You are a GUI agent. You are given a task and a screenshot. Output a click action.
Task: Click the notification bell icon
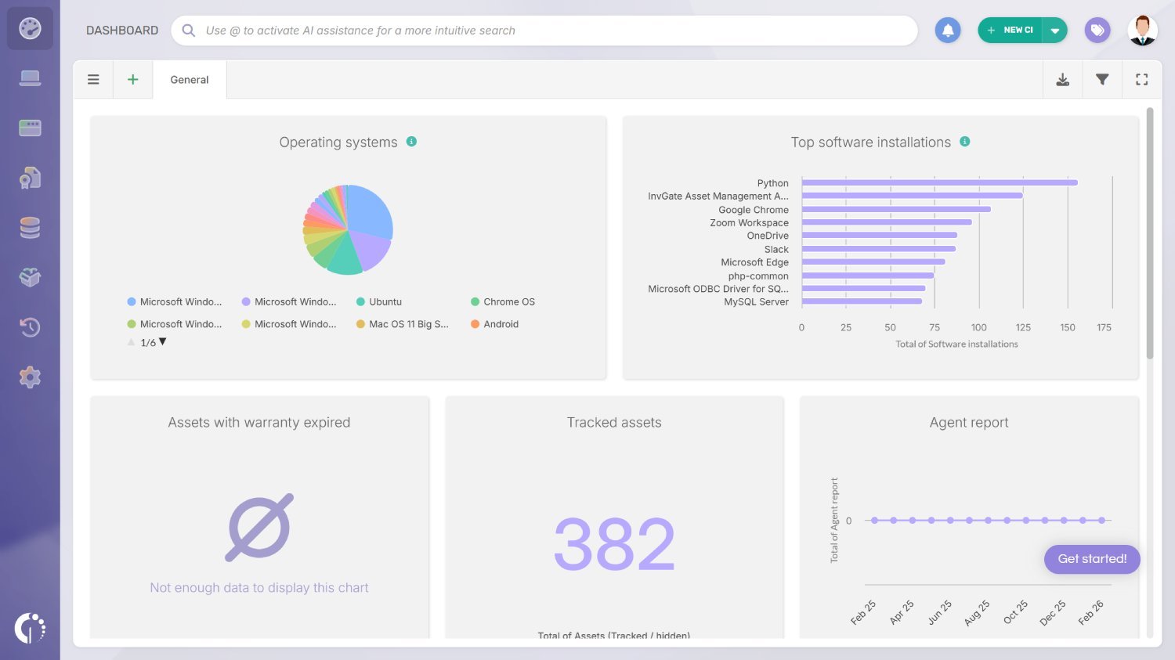tap(948, 31)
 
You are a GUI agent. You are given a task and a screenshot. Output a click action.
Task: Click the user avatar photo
tap(1142, 31)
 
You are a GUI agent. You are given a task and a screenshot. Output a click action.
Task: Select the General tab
tap(190, 80)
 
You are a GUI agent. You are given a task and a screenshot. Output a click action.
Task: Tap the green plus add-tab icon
tap(133, 80)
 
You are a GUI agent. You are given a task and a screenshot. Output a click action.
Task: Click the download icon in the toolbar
tap(1063, 80)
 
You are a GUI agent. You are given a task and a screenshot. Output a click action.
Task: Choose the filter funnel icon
tap(1102, 80)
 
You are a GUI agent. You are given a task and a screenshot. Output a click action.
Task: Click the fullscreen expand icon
tap(1142, 80)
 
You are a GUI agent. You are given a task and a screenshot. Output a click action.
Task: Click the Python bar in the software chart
tap(939, 182)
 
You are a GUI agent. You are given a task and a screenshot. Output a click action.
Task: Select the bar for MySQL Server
tap(862, 301)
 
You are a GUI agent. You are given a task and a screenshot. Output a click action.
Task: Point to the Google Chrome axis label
tap(753, 210)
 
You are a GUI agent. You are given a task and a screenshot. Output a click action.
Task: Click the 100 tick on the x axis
tap(978, 327)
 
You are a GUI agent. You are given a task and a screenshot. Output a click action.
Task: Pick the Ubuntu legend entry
tap(385, 302)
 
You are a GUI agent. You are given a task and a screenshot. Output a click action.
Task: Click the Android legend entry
tap(501, 324)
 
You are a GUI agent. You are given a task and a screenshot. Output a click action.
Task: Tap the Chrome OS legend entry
tap(508, 302)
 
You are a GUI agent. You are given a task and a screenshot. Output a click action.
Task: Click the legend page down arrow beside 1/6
tap(163, 342)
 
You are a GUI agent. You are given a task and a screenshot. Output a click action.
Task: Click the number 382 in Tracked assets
tap(614, 544)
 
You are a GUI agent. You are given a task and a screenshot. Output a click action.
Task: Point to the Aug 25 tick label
tap(977, 612)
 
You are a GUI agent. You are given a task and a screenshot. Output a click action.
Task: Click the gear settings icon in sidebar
tap(30, 377)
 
